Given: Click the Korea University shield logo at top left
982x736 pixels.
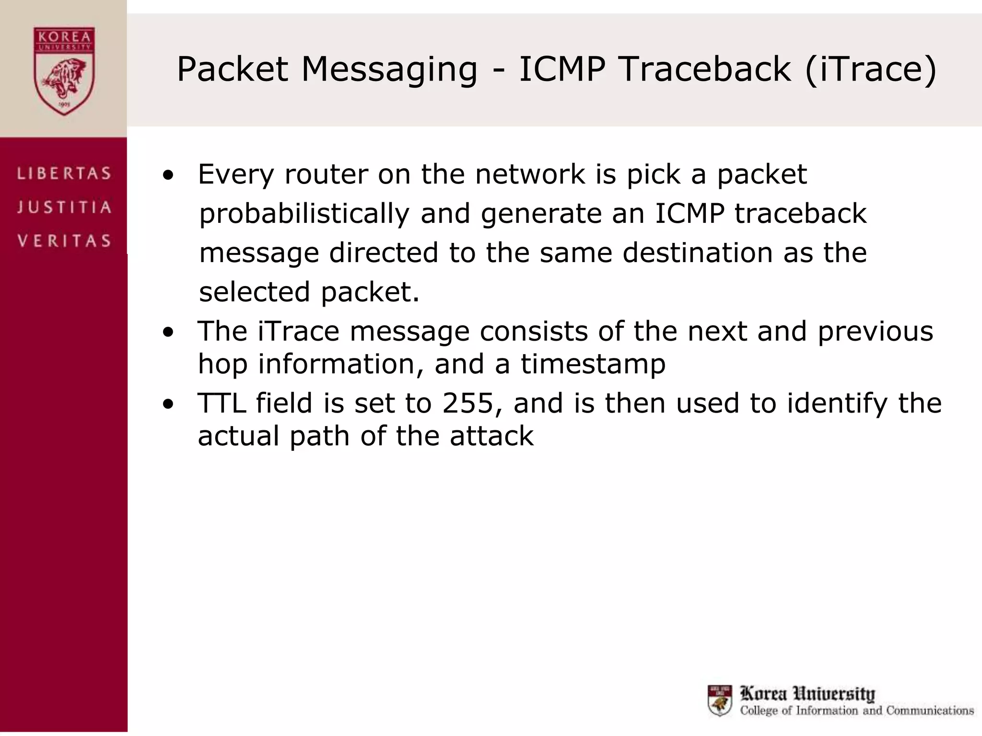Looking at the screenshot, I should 64,71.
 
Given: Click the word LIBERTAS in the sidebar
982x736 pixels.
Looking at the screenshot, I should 64,173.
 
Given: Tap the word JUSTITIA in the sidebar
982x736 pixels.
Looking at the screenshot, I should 64,207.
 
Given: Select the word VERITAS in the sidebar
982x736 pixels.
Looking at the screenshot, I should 64,241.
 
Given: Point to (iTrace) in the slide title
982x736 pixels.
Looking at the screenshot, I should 870,70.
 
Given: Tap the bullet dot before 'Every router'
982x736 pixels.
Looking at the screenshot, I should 168,175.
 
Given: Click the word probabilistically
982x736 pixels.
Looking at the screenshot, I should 304,214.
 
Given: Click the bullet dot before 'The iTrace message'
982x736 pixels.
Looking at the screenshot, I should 168,333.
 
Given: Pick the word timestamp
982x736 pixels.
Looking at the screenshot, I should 593,364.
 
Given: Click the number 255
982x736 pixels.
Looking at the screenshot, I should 468,403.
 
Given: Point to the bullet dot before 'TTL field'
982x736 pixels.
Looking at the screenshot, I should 168,404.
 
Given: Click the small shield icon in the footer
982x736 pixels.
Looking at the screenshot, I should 720,700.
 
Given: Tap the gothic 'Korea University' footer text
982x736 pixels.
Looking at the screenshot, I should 807,693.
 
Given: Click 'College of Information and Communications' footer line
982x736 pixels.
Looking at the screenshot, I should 856,711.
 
